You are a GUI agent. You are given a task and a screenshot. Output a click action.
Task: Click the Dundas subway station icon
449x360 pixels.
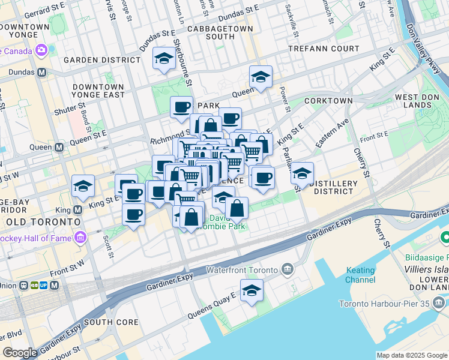pos(42,73)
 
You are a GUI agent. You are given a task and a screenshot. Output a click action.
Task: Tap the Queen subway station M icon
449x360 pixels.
pos(59,147)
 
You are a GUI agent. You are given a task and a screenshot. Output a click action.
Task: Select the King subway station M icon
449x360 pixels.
pos(77,210)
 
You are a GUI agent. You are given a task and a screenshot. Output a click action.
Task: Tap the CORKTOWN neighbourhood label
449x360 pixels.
pos(328,101)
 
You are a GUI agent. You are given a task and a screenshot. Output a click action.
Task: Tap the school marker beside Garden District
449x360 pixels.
pos(163,59)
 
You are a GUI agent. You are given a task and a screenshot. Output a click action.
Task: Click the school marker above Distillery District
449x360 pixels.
pos(302,173)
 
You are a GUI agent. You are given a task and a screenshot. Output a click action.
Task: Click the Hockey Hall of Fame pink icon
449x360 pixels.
pos(80,238)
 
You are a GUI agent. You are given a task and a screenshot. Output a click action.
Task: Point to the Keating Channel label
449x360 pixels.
pos(361,275)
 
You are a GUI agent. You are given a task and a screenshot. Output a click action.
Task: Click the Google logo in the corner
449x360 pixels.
pos(20,353)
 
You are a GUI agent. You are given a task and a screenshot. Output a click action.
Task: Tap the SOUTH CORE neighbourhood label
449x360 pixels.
pos(111,322)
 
